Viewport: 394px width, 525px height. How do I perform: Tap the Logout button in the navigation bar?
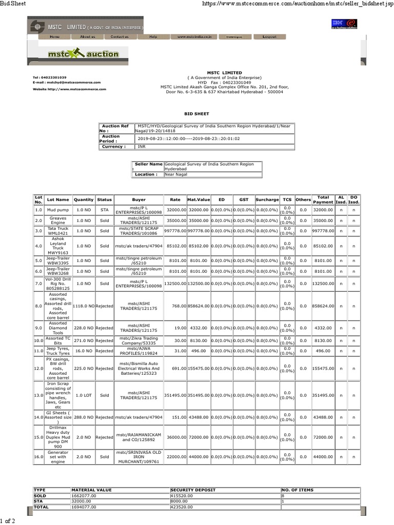pyautogui.click(x=269, y=37)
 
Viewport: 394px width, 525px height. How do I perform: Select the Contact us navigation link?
pyautogui.click(x=120, y=37)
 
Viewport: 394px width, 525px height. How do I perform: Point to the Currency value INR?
pyautogui.click(x=142, y=147)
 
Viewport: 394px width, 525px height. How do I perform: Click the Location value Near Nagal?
pyautogui.click(x=175, y=174)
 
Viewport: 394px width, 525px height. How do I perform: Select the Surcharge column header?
pyautogui.click(x=267, y=199)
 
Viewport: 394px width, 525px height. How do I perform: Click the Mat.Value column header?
pyautogui.click(x=198, y=199)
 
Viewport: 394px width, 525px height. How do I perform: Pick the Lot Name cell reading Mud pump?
pyautogui.click(x=58, y=210)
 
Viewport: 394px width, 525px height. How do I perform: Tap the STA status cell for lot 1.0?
pyautogui.click(x=104, y=210)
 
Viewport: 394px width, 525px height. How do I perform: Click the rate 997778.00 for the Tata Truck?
pyautogui.click(x=175, y=231)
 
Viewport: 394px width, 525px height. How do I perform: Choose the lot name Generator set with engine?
pyautogui.click(x=58, y=456)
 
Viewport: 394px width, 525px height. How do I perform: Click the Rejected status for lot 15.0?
pyautogui.click(x=104, y=437)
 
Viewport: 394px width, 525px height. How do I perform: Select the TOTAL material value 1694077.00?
pyautogui.click(x=84, y=507)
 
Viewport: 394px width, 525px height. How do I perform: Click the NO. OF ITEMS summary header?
pyautogui.click(x=298, y=490)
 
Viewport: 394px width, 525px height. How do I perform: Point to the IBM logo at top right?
pyautogui.click(x=338, y=23)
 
